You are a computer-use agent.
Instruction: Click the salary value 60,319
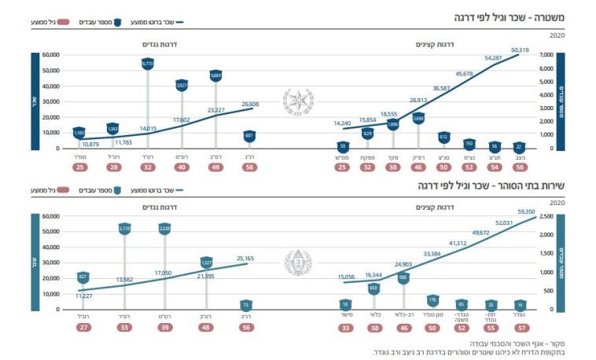coord(521,50)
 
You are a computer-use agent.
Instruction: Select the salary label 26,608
coord(250,104)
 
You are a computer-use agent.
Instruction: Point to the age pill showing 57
coord(519,328)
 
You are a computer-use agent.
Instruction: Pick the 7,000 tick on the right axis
coord(548,54)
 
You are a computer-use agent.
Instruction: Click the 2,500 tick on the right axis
coord(548,216)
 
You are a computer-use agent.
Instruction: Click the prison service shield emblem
coord(297,262)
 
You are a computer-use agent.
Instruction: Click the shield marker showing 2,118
coord(124,228)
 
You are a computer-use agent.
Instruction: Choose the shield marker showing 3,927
coord(182,85)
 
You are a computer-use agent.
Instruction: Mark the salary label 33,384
coord(432,254)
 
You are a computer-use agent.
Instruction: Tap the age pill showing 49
coord(215,167)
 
